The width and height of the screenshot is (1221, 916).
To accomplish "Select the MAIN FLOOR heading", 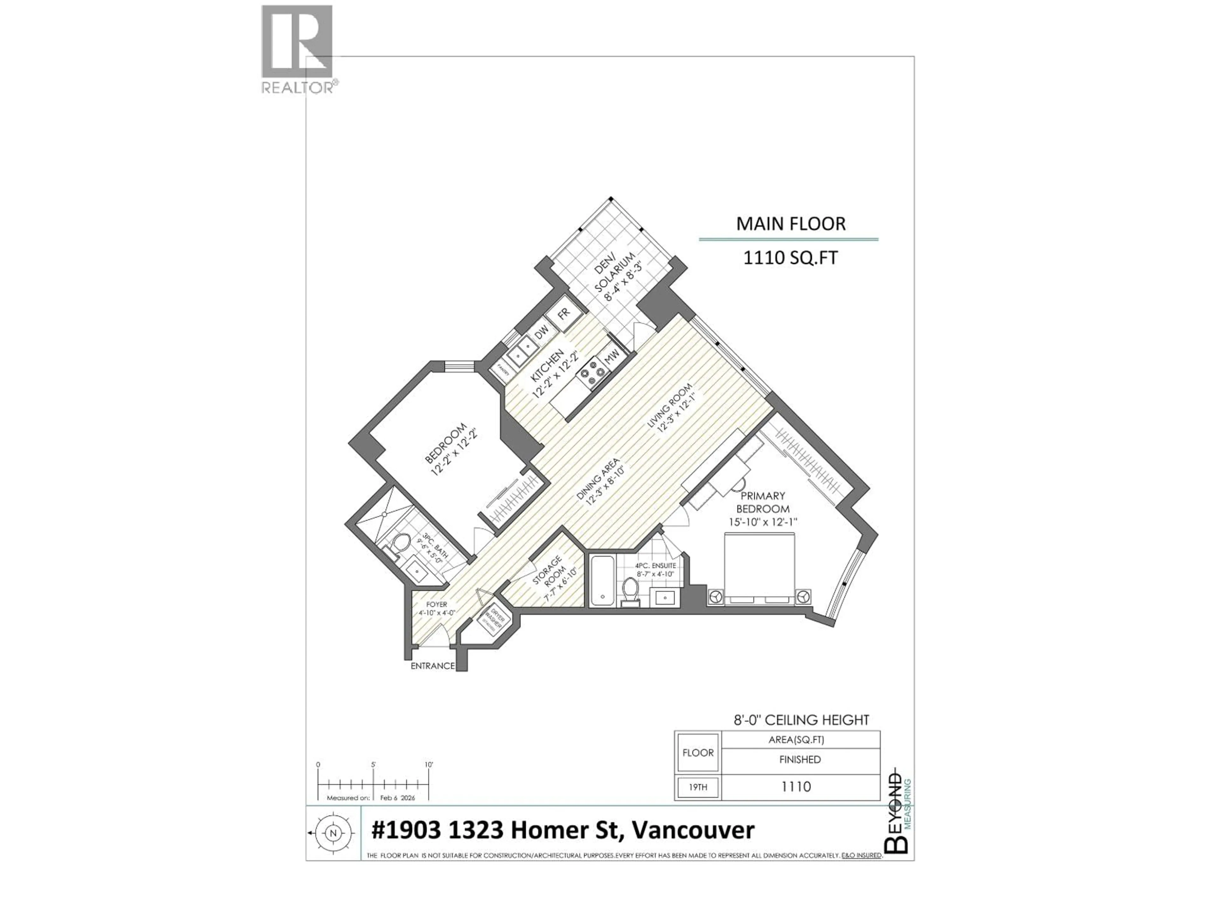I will click(x=790, y=224).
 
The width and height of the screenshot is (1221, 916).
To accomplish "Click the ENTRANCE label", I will click(x=432, y=666).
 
